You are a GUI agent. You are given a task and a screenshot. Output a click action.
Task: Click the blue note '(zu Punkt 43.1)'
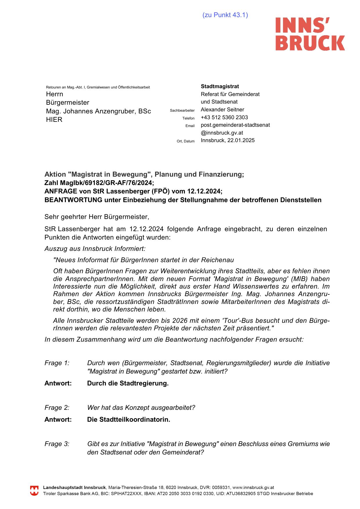(x=225, y=15)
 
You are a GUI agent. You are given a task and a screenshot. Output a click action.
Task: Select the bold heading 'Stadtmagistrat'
(x=220, y=86)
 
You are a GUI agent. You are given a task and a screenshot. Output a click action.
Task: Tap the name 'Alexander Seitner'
(x=222, y=110)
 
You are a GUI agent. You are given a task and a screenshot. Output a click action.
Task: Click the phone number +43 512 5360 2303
(x=224, y=117)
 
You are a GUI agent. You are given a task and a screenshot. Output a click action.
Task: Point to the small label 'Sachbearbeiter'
(x=182, y=111)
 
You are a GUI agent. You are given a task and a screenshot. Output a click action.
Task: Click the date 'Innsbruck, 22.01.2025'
(x=228, y=140)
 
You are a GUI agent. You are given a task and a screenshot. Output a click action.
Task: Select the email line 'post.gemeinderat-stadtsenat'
(x=235, y=125)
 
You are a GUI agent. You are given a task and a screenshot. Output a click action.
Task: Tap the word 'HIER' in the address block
(x=54, y=120)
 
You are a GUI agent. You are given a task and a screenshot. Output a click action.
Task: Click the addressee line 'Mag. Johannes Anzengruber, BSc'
(x=98, y=111)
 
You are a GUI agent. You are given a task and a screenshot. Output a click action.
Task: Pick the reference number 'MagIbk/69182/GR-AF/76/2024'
(x=106, y=183)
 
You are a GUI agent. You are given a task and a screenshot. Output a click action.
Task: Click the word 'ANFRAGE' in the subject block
(x=60, y=191)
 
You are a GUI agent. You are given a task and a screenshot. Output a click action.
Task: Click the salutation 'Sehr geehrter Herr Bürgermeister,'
(x=97, y=217)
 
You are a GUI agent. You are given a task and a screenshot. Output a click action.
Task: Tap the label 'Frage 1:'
(x=57, y=363)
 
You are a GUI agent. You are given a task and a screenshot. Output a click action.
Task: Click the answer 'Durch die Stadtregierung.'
(x=128, y=383)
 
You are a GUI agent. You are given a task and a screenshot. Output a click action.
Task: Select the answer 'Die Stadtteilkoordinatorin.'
(x=129, y=420)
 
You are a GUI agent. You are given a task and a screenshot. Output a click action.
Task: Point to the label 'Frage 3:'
(x=57, y=444)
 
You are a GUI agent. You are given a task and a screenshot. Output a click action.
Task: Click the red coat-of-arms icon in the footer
(x=34, y=491)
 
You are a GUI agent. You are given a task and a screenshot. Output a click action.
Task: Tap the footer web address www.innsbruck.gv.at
(x=253, y=488)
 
